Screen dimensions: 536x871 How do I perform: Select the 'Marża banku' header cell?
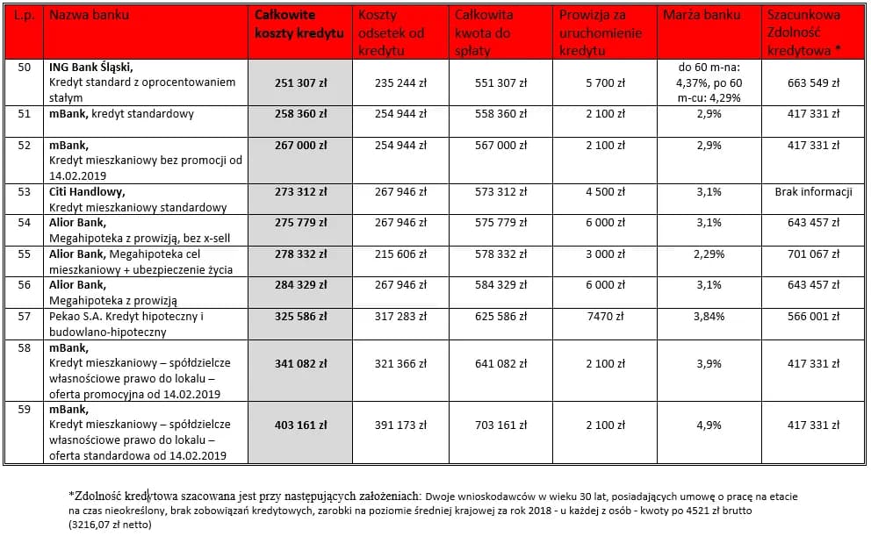click(702, 16)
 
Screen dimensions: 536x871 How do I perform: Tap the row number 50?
click(24, 67)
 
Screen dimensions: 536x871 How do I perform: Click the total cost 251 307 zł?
click(300, 83)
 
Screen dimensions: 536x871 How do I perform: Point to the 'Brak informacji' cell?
click(814, 192)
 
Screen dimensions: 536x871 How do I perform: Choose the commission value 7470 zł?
click(606, 317)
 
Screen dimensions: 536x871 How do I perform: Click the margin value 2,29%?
click(709, 254)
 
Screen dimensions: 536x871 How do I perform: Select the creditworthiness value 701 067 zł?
click(813, 254)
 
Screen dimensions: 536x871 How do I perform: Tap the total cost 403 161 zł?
click(300, 425)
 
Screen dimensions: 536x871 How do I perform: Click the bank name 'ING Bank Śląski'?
click(91, 67)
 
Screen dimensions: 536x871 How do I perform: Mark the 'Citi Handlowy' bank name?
click(87, 191)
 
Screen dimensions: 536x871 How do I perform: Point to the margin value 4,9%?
click(709, 425)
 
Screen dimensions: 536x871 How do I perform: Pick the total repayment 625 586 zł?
click(501, 317)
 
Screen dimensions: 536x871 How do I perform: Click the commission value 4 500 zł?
click(606, 192)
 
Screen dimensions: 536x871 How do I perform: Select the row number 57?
click(24, 316)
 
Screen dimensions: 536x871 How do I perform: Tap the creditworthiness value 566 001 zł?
click(813, 317)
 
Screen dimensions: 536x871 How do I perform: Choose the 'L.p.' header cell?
click(24, 16)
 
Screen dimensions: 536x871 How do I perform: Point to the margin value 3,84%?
click(709, 317)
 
